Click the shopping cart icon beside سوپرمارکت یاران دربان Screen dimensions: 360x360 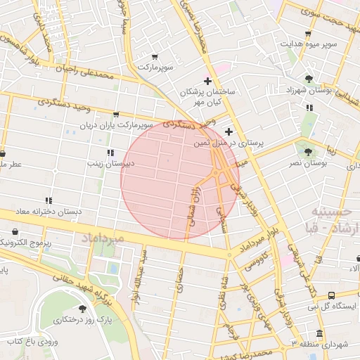pos(116,114)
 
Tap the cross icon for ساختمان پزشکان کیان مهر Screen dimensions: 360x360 pos(207,81)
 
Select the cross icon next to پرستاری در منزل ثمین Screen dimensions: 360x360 pos(229,131)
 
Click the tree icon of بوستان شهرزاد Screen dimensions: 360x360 pos(309,79)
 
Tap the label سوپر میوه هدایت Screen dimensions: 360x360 pos(310,44)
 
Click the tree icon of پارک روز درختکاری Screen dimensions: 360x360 pos(83,308)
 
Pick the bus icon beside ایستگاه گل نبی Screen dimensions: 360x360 pos(331,296)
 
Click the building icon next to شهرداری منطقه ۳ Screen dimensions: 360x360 pos(320,333)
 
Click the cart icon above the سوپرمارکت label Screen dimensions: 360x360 pos(155,56)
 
